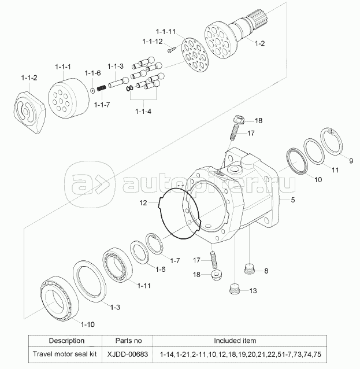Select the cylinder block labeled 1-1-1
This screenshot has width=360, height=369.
[69, 98]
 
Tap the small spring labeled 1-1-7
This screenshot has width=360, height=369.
[102, 88]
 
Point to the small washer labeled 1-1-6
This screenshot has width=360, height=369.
[92, 90]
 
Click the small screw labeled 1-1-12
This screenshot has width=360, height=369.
[172, 50]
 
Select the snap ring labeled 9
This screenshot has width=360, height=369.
[332, 141]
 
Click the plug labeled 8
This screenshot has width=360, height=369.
[249, 269]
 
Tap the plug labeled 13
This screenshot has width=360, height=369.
[235, 289]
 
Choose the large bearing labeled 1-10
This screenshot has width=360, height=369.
[58, 298]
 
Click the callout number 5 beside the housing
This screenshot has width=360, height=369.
[293, 200]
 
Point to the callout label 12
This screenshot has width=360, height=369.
[143, 202]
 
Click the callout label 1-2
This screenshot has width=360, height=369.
[259, 43]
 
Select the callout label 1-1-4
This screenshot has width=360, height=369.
[143, 111]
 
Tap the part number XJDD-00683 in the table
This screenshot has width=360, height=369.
[128, 354]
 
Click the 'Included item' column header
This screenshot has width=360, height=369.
[235, 341]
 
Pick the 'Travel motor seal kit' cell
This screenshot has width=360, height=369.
[65, 354]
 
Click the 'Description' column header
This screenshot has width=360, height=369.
[66, 341]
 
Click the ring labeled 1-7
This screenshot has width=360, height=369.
[154, 243]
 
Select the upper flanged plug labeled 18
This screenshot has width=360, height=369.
[239, 119]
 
